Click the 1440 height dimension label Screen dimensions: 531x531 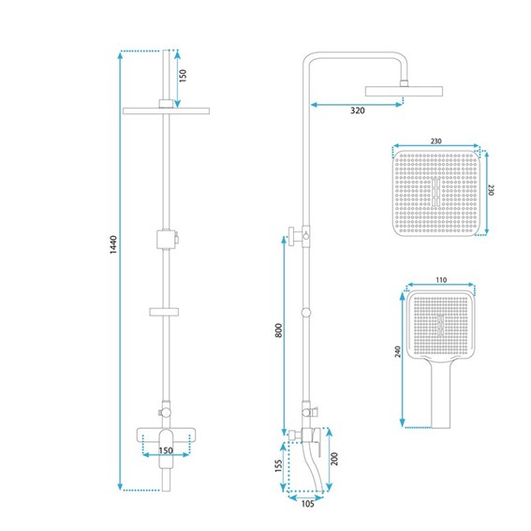pos(114,244)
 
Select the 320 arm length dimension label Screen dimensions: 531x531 pos(357,111)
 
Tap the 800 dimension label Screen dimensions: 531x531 pos(278,331)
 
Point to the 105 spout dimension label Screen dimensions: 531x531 pos(307,504)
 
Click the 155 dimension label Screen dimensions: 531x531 pos(278,465)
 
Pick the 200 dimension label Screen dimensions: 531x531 pos(334,459)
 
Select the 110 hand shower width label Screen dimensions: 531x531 pos(441,280)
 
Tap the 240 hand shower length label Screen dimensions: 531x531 pos(398,351)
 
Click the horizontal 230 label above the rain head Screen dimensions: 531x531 pos(435,140)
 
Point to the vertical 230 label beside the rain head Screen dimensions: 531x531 pos(492,189)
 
